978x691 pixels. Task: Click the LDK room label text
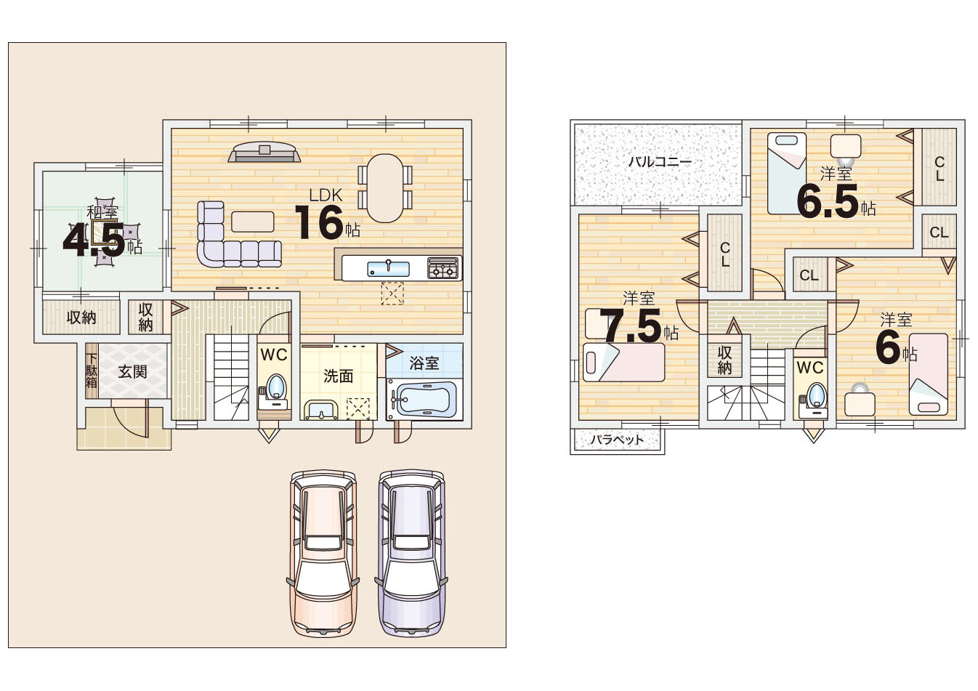326,195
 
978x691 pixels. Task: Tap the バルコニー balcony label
660,162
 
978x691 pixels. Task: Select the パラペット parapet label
617,439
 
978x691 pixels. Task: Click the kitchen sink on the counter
388,267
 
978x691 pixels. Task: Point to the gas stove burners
443,268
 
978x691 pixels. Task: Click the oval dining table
384,188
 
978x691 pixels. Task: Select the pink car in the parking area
323,554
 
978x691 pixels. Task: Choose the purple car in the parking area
411,554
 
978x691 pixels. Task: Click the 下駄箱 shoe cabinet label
92,371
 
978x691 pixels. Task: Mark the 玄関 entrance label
132,372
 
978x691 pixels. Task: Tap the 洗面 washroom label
338,376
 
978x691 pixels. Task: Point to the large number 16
320,222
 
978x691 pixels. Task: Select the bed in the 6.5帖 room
787,174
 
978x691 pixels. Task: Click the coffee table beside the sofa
253,222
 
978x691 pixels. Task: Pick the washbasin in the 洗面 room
321,411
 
